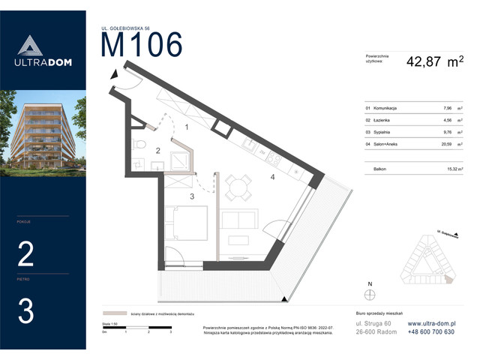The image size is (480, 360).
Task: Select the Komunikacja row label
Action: click(382, 108)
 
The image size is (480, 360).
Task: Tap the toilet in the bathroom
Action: click(138, 144)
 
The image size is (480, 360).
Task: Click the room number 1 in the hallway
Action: click(186, 127)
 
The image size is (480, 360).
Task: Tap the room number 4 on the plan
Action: click(273, 178)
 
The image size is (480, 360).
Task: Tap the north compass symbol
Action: click(369, 293)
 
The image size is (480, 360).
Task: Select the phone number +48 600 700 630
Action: click(436, 332)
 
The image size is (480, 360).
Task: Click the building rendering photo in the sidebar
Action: click(43, 132)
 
